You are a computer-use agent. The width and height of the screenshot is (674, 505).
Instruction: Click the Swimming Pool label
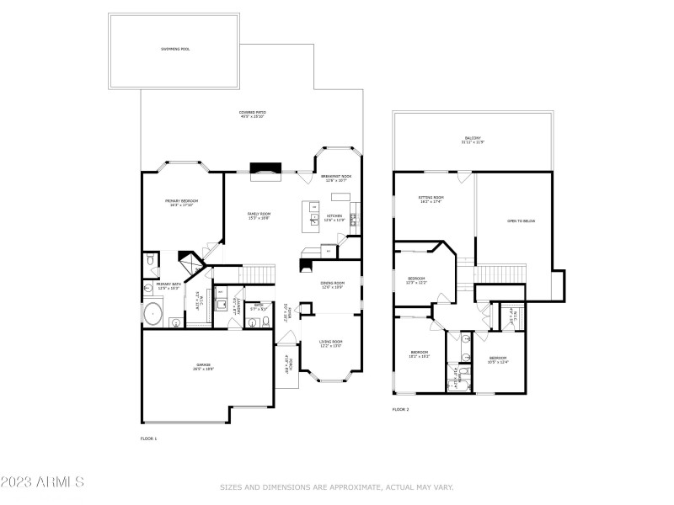coord(175,49)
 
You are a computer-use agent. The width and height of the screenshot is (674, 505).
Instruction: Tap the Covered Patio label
coord(253,114)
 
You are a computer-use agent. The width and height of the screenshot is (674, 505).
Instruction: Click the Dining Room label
coord(333,284)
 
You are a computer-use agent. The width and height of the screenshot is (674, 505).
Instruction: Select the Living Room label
coord(330,343)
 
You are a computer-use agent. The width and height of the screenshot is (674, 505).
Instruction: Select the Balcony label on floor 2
coord(472,140)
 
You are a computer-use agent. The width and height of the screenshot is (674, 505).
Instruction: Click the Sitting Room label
coord(431,199)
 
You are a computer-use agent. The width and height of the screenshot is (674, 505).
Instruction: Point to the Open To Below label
coord(521,221)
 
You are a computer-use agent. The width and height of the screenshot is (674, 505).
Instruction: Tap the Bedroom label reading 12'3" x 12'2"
coord(416,280)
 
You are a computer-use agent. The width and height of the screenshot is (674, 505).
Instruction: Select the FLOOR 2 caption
coord(400,410)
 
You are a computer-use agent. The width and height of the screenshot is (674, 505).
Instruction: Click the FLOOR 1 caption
coord(148,439)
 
